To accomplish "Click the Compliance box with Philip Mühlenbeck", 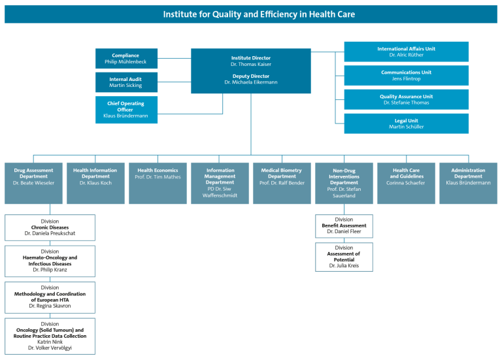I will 126,59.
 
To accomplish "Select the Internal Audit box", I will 126,82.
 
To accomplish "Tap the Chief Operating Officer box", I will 126,109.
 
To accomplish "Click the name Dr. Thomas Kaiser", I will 250,65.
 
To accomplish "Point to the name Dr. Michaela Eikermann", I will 250,83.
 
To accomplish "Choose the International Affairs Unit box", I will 406,52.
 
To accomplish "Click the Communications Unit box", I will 406,76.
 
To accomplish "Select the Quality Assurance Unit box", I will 406,99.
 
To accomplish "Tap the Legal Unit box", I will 406,123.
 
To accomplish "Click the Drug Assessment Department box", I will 34,183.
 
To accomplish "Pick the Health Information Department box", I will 95,183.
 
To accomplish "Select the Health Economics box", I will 158,183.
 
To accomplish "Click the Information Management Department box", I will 220,183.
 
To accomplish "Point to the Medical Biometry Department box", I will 282,183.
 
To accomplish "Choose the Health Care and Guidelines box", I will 406,183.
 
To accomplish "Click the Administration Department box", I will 468,183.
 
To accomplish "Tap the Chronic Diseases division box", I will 50,227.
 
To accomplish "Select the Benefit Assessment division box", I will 344,226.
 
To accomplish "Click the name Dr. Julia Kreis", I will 344,266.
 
